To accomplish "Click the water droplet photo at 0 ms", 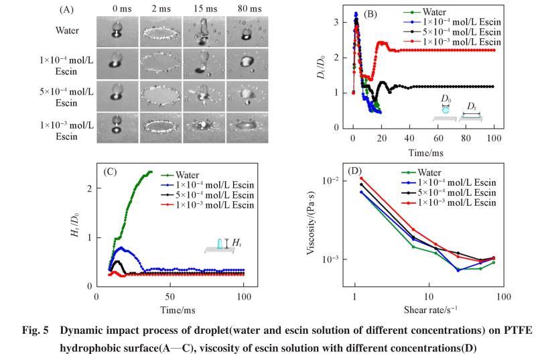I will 117,31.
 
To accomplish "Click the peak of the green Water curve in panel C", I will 149,172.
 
